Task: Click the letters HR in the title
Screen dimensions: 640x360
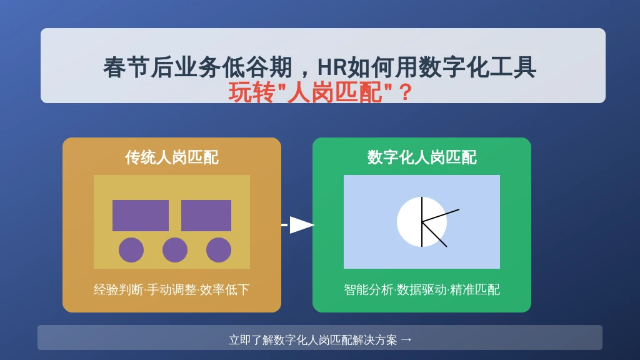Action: coord(332,67)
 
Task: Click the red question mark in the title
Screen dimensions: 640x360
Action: coord(405,92)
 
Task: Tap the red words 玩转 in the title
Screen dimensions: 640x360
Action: coord(251,92)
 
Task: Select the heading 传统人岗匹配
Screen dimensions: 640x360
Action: coord(172,157)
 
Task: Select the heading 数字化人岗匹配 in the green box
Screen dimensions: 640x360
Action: coord(422,157)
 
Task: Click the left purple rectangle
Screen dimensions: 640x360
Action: coord(141,216)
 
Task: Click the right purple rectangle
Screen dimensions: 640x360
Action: coord(206,216)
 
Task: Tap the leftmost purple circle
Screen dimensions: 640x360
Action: coord(131,250)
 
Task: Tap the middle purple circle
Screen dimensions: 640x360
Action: coord(175,250)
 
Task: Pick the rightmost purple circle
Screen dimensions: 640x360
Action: coord(219,250)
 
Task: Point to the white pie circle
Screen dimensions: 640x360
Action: coord(422,222)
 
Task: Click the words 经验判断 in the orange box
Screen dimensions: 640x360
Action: coord(118,289)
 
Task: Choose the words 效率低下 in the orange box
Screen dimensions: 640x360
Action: coord(224,289)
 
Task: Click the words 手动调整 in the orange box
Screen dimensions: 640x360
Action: coord(171,289)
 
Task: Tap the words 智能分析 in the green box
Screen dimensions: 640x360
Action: coord(369,289)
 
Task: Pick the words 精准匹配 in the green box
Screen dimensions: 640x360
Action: coord(475,289)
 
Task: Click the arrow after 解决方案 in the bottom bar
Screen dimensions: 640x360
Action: coord(406,340)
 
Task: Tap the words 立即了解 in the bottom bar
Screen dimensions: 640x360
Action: coord(251,339)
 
